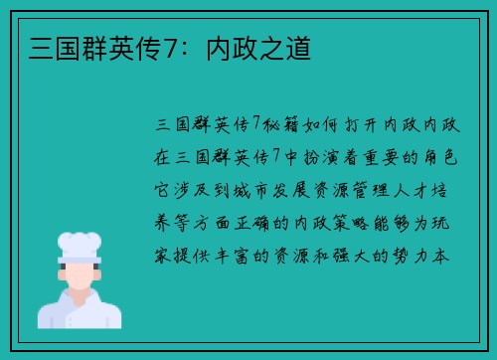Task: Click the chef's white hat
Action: pos(80,245)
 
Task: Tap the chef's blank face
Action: pos(80,274)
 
